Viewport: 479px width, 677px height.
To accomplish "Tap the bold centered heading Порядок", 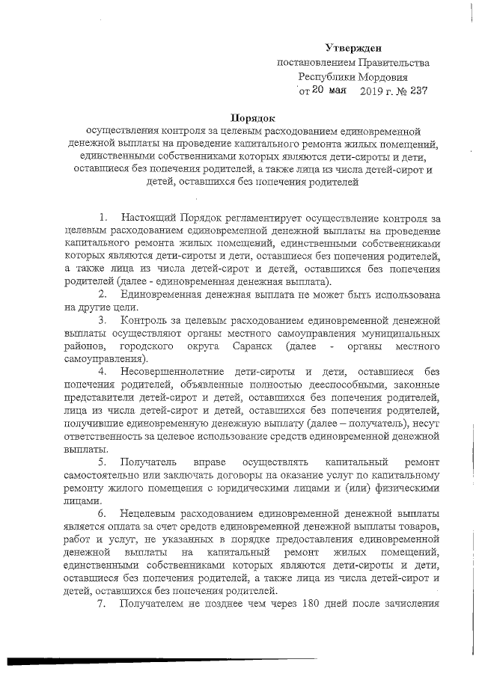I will (x=252, y=117).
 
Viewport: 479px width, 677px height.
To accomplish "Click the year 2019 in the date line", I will (x=373, y=91).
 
